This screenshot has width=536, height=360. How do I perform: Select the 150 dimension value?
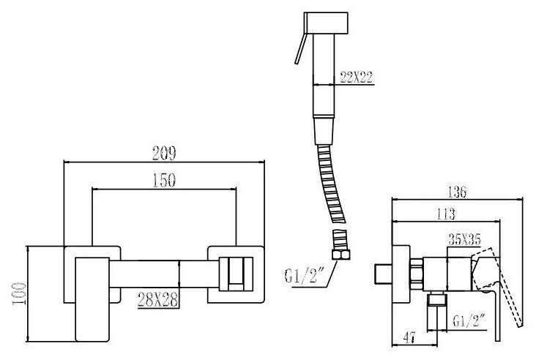pos(165,181)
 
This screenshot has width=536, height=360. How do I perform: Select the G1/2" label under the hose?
pos(303,279)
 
